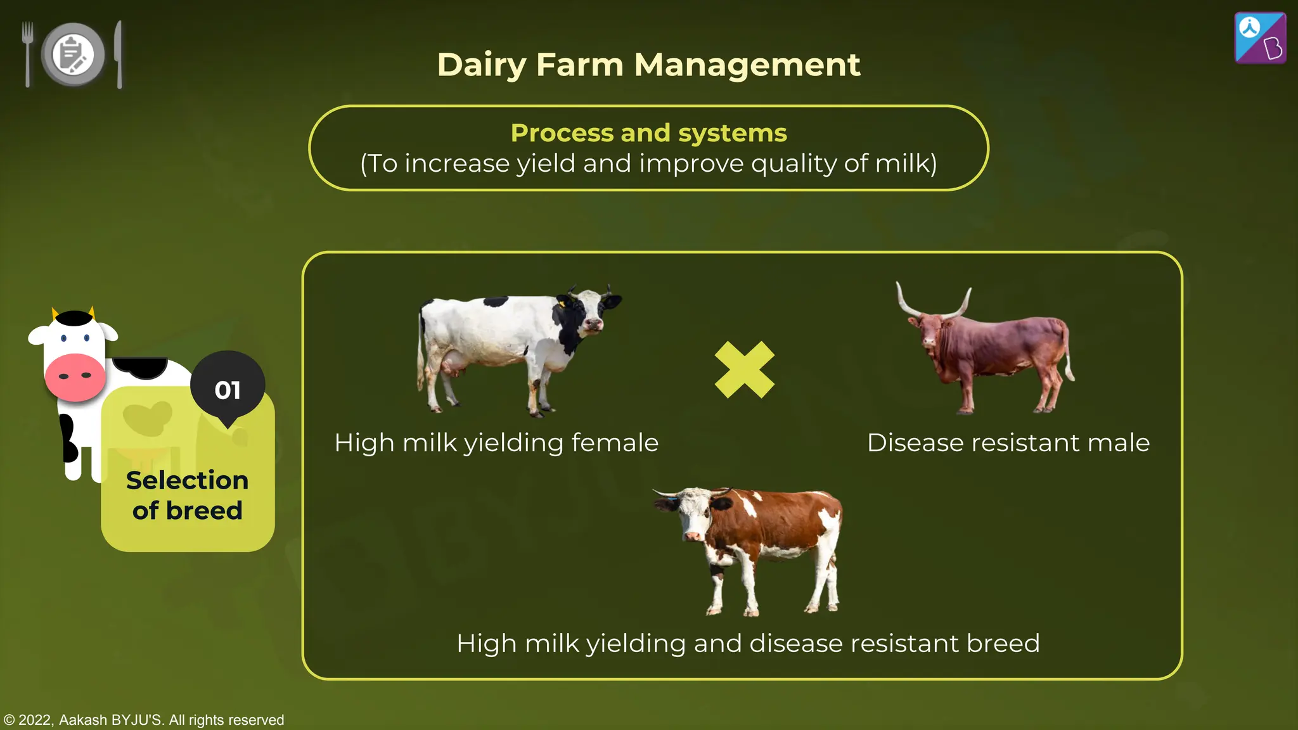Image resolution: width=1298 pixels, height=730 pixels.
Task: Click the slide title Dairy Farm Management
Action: tap(648, 65)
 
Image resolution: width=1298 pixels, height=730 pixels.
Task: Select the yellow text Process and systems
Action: tap(648, 133)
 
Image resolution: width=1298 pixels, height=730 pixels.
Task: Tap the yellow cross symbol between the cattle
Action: tap(744, 369)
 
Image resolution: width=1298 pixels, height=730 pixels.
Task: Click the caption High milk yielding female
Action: tap(496, 443)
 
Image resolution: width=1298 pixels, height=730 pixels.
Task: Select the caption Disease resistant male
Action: tap(1008, 443)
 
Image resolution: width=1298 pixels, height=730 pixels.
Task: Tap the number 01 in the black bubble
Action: tap(228, 390)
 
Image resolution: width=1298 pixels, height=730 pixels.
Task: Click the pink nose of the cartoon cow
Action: tap(75, 376)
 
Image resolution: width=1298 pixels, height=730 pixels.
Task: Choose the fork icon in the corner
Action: tap(27, 54)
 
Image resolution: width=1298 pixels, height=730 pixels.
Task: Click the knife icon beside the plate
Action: tap(119, 54)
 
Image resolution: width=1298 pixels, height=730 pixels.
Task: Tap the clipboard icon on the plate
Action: tap(72, 54)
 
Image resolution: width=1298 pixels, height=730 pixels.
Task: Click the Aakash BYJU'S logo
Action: tap(1260, 38)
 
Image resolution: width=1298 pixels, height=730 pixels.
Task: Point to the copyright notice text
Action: tap(144, 720)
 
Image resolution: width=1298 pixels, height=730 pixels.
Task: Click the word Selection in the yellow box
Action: tap(187, 480)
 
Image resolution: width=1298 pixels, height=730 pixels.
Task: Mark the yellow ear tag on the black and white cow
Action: tap(562, 304)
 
